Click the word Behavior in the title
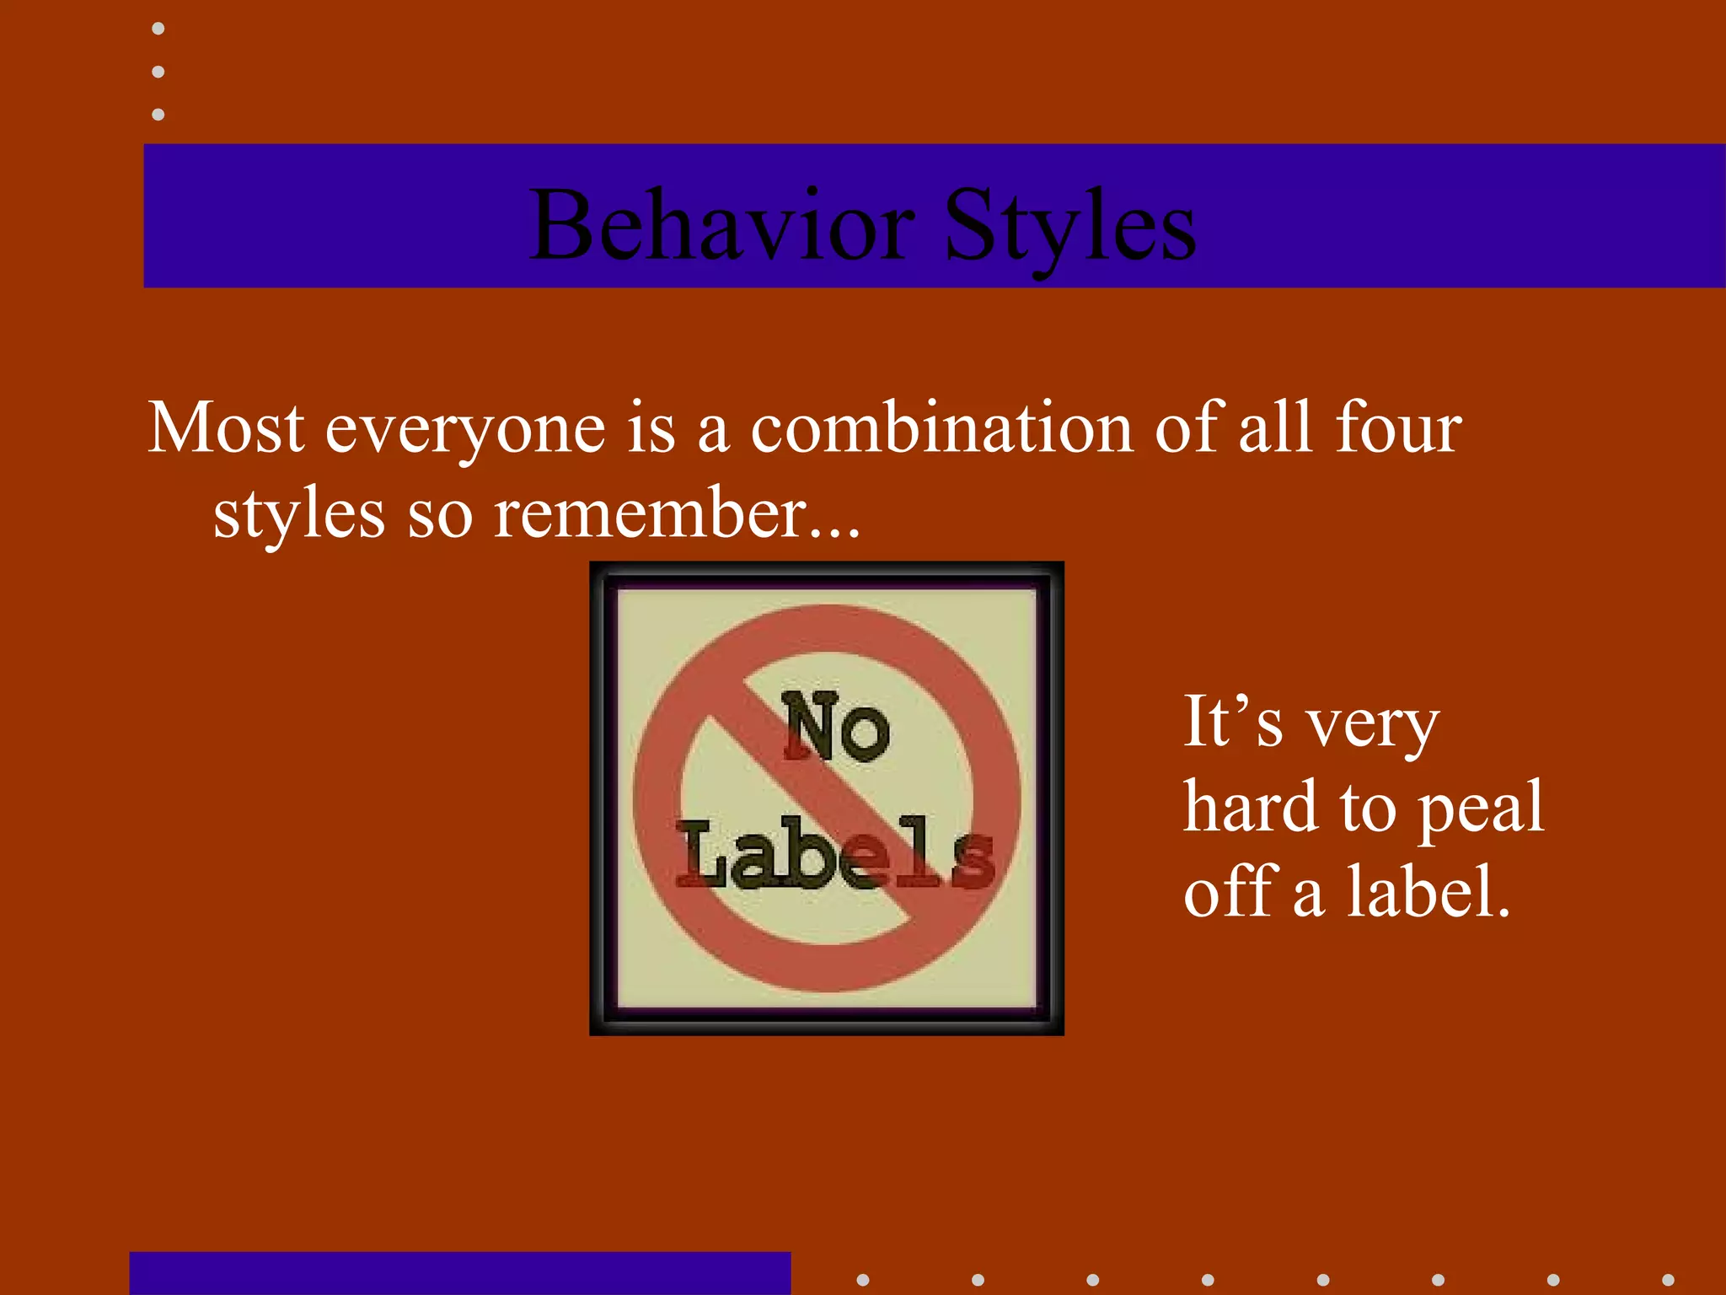point(722,225)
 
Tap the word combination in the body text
point(942,428)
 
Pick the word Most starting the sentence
point(226,428)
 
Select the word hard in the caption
point(1251,806)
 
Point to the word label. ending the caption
point(1428,891)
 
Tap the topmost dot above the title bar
point(158,29)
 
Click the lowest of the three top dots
point(158,114)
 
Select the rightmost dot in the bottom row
point(1667,1280)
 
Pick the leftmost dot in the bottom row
point(862,1280)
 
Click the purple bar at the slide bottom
point(459,1273)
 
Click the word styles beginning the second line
point(298,514)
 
